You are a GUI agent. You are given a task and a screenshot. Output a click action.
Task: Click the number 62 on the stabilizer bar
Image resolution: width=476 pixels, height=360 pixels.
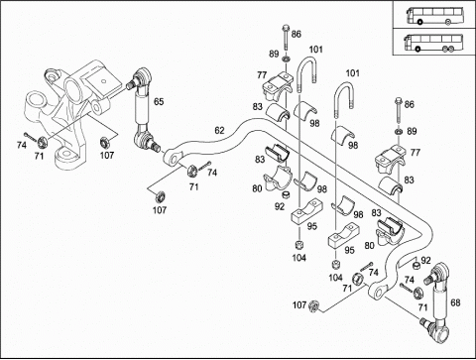[219, 131]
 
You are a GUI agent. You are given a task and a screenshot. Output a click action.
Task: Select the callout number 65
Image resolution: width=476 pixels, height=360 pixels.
[159, 101]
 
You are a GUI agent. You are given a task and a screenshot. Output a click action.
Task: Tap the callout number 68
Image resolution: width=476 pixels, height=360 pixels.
[455, 302]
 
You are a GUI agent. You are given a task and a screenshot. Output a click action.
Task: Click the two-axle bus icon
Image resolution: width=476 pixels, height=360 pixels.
[429, 16]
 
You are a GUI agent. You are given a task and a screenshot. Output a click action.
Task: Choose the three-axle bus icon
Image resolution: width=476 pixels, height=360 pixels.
[428, 43]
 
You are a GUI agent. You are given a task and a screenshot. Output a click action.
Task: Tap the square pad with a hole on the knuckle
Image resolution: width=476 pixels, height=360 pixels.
[103, 81]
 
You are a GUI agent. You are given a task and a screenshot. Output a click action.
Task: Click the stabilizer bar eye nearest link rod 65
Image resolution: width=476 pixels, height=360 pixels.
[173, 159]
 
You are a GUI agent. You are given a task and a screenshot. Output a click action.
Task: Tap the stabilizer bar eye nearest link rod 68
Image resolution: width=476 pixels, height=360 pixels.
[377, 293]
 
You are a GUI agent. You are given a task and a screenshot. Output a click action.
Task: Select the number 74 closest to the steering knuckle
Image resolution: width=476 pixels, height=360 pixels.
[22, 145]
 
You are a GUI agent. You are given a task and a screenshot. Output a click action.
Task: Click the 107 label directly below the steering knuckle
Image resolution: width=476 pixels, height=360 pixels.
[107, 155]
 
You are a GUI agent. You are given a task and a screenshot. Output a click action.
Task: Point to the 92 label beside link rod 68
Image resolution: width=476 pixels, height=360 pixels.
[425, 261]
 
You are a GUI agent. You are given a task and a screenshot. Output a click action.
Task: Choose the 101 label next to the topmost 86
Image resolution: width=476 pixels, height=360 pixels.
[315, 50]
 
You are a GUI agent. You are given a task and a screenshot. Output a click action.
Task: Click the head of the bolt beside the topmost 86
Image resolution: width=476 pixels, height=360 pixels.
[286, 27]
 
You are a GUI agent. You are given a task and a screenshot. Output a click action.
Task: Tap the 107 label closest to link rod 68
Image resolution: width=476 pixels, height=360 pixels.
[299, 304]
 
